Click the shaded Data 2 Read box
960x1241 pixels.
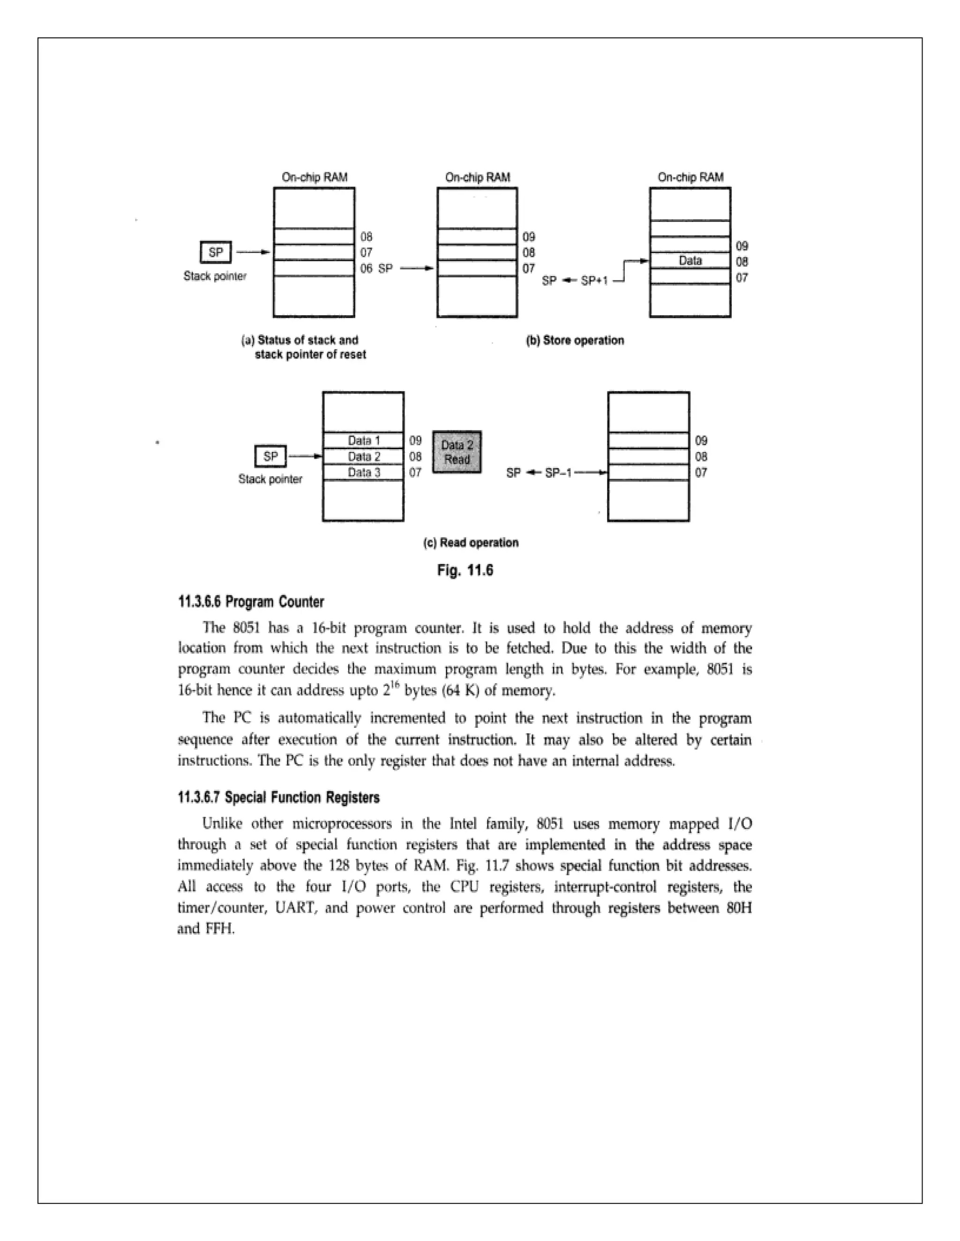click(457, 452)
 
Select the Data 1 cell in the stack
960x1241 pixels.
click(363, 440)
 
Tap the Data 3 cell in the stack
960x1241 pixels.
click(363, 472)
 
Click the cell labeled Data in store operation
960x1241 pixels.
click(690, 261)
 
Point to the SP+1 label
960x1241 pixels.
click(594, 281)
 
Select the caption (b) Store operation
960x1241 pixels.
click(575, 340)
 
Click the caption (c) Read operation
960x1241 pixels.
click(471, 543)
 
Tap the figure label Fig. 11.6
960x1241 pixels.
click(465, 570)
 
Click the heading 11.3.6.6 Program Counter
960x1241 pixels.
click(251, 602)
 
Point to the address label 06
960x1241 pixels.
click(366, 268)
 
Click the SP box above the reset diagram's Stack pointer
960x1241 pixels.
click(216, 252)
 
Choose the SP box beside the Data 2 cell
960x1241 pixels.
click(271, 456)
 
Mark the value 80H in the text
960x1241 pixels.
click(739, 908)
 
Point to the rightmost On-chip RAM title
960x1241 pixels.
click(690, 177)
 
